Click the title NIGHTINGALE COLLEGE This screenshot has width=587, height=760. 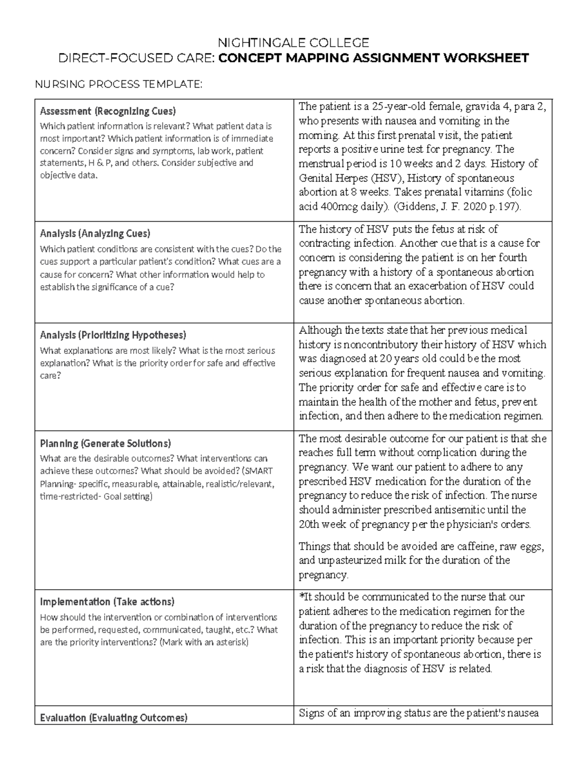(293, 43)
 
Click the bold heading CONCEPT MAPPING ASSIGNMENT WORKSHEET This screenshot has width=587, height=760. (373, 59)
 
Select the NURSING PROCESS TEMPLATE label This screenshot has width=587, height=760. (118, 85)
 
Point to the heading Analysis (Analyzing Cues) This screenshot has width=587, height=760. (95, 233)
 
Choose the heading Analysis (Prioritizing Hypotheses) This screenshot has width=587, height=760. (113, 335)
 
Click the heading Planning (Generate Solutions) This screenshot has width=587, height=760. (105, 443)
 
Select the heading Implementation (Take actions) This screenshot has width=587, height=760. (107, 601)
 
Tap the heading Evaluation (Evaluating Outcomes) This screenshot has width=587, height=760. (113, 718)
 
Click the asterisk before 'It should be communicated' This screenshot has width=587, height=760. (301, 597)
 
